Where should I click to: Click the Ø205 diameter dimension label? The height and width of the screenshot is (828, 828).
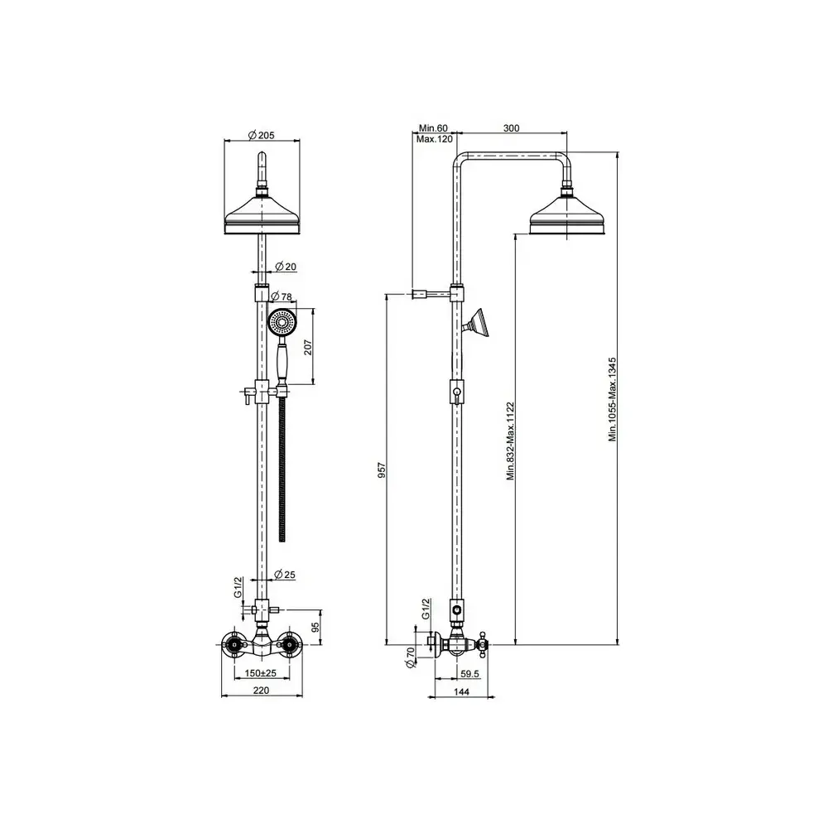(262, 135)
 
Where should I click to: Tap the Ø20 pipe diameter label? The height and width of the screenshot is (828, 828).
(286, 267)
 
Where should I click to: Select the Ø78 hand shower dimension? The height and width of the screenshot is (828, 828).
(282, 296)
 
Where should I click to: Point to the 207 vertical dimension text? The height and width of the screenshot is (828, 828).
(308, 347)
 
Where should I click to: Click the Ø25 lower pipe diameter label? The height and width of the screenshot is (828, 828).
(285, 575)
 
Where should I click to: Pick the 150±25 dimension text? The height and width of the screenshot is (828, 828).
(261, 673)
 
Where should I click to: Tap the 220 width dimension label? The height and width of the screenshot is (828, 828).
(261, 691)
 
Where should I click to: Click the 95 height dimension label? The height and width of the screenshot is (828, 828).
(315, 628)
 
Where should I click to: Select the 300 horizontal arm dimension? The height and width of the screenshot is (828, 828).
(511, 128)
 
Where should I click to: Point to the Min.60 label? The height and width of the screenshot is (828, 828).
(433, 128)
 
